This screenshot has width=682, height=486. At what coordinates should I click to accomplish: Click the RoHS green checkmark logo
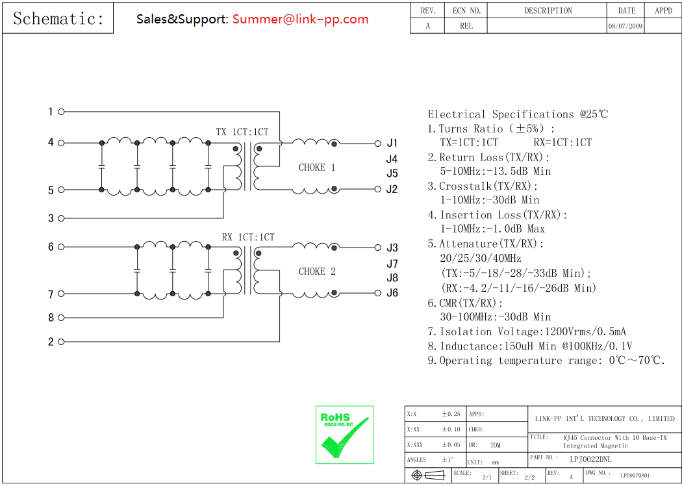point(344,435)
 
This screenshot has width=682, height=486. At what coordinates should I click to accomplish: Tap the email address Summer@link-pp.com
point(300,19)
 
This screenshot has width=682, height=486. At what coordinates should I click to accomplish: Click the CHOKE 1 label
point(317,167)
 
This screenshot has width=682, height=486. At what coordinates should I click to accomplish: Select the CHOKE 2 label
point(317,271)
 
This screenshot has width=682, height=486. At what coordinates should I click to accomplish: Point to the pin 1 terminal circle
point(62,112)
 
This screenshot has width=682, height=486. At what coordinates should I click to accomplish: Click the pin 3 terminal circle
point(62,218)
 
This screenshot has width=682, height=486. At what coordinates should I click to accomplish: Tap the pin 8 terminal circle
point(62,318)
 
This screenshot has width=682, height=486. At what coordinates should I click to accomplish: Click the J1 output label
point(392,143)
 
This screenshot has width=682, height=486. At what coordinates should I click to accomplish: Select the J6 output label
point(392,293)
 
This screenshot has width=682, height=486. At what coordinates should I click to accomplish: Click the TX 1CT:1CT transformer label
point(242,132)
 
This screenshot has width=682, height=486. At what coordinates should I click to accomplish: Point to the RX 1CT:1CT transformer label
point(247,237)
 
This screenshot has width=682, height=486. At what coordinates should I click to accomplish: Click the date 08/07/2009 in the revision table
point(626,27)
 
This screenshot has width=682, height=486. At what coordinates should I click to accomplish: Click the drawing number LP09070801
point(635,476)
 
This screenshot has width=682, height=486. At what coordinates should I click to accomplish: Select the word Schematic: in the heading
point(58,19)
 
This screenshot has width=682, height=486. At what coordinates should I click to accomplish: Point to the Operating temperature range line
point(546,361)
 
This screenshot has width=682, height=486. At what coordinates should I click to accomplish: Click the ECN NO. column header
point(466,10)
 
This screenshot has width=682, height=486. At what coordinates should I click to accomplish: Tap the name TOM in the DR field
point(496,445)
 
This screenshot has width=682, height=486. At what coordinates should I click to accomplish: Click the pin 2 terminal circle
point(62,342)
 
